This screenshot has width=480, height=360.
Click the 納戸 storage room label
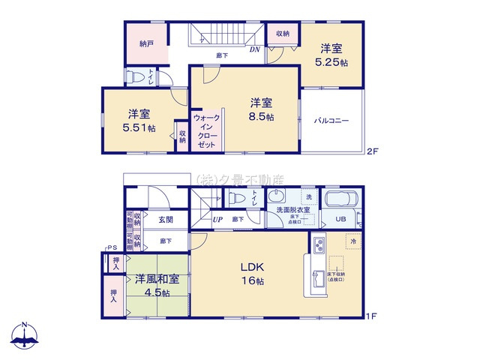[146, 44]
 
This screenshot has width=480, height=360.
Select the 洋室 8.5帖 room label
[261, 109]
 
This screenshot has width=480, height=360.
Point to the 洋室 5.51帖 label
[139, 121]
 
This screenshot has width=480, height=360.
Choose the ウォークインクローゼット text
[206, 130]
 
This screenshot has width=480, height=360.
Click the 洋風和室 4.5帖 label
[157, 285]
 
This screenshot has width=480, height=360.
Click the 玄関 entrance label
[166, 220]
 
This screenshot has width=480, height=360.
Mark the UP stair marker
[217, 220]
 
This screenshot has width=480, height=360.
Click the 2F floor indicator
[372, 151]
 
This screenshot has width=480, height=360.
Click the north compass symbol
[25, 336]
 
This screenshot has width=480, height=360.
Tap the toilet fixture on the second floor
[137, 76]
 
